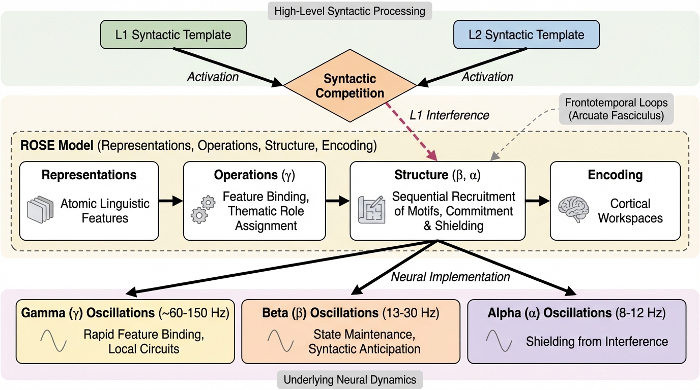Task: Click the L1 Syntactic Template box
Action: click(x=173, y=35)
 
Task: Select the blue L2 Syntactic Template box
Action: click(x=527, y=35)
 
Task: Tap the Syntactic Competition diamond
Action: click(x=350, y=86)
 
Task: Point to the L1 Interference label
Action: click(x=449, y=115)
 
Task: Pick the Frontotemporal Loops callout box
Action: click(x=616, y=109)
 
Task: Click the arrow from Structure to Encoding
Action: click(x=537, y=202)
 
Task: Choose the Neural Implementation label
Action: click(x=450, y=277)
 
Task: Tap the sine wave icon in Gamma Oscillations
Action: click(x=53, y=341)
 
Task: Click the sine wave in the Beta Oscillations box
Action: click(x=280, y=341)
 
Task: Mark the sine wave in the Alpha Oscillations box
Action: click(x=499, y=341)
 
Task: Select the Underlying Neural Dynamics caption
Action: click(x=350, y=379)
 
